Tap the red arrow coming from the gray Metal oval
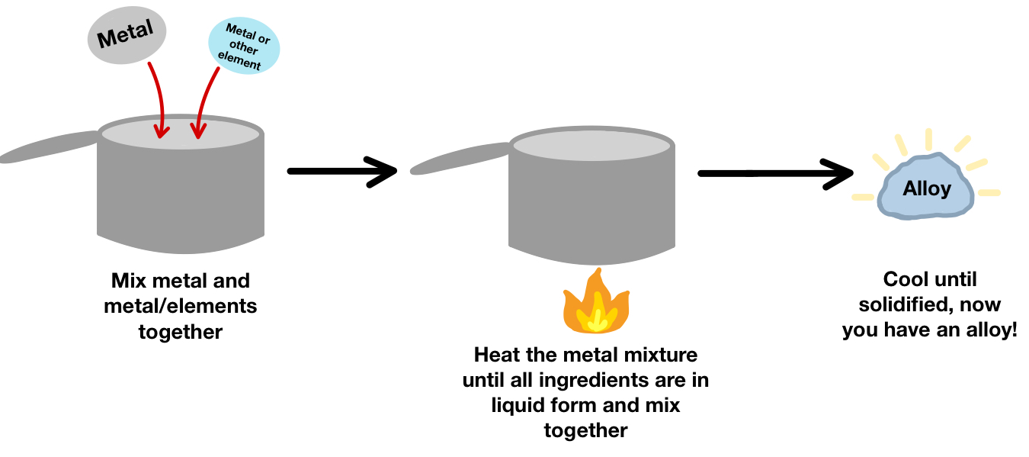point(157,99)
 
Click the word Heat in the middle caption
point(496,355)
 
